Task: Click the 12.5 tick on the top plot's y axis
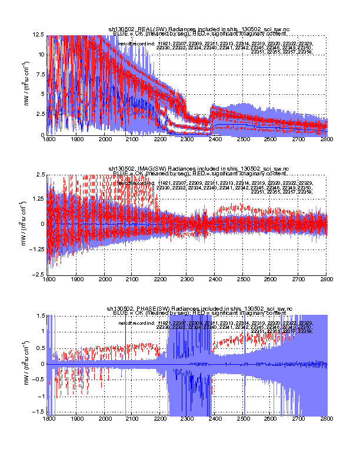click(39, 36)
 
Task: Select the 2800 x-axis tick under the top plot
click(326, 139)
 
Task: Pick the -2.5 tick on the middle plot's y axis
click(38, 275)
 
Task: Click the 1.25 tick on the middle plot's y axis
click(39, 199)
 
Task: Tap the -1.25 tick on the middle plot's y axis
click(37, 249)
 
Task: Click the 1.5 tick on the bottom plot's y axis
click(41, 315)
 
